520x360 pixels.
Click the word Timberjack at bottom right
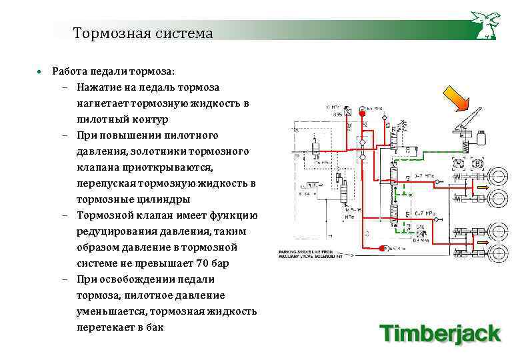(x=440, y=332)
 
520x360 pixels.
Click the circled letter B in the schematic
(x=477, y=163)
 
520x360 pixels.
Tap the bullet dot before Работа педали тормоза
(x=40, y=71)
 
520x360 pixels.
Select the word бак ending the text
(x=153, y=327)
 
